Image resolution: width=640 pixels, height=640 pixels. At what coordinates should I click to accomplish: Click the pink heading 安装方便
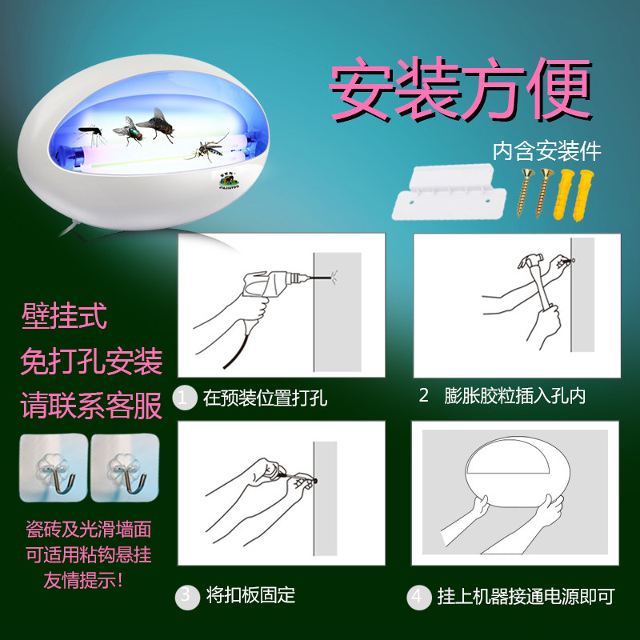click(x=461, y=89)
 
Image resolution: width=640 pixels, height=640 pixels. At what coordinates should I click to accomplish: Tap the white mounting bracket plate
click(x=449, y=192)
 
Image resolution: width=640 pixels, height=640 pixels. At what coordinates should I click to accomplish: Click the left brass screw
click(x=524, y=193)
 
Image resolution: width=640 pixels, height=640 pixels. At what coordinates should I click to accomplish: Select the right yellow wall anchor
click(x=584, y=196)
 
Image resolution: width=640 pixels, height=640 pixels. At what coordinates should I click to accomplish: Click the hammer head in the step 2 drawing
click(x=530, y=261)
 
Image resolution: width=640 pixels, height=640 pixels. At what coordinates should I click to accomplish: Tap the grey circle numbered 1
click(x=185, y=398)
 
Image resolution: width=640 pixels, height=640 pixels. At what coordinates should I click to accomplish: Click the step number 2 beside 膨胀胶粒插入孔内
click(x=424, y=395)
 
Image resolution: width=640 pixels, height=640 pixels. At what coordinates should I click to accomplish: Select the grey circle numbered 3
click(x=187, y=596)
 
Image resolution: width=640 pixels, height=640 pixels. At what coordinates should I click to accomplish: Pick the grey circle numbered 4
click(x=418, y=597)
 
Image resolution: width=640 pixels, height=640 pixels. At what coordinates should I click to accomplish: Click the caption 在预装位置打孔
click(x=265, y=398)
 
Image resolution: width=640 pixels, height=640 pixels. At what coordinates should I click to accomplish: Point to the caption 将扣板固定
click(x=250, y=595)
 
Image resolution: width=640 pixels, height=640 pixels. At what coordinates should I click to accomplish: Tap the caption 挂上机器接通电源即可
click(x=526, y=596)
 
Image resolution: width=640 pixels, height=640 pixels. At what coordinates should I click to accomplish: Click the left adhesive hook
click(x=54, y=468)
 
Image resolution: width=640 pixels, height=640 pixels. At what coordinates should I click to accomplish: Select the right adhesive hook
click(x=125, y=468)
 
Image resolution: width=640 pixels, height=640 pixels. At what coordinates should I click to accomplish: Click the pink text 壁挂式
click(x=65, y=315)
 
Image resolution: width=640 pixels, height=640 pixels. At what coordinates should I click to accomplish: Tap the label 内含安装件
click(x=547, y=151)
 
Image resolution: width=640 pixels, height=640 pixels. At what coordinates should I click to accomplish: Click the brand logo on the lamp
click(x=229, y=180)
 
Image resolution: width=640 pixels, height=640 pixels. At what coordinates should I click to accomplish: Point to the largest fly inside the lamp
click(x=157, y=125)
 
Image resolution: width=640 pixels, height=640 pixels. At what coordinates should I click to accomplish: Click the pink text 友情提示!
click(x=83, y=580)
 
